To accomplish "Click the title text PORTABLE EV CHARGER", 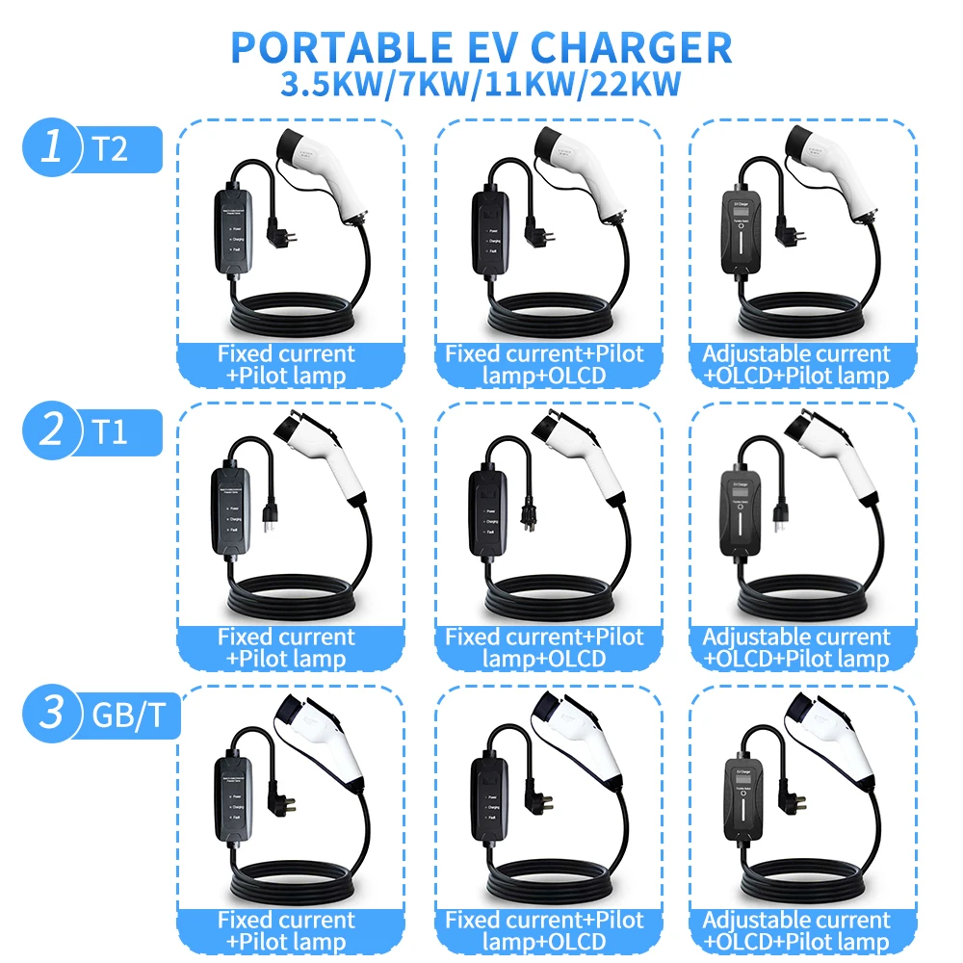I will [481, 46].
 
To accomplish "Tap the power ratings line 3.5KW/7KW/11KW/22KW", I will [481, 84].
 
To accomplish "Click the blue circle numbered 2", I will [53, 429].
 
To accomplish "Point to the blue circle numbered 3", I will [53, 713].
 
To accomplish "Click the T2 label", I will [110, 148].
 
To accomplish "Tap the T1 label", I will [110, 430].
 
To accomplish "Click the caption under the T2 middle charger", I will [545, 365].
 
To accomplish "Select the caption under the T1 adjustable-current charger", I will [795, 647].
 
